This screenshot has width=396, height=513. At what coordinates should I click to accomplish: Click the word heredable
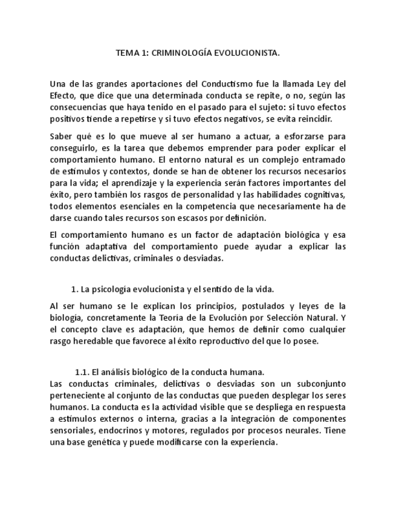pyautogui.click(x=100, y=341)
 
